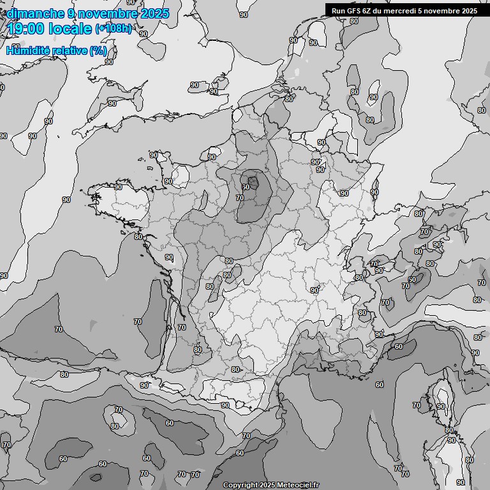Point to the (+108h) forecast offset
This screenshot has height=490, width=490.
113,29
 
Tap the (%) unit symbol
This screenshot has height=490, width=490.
98,50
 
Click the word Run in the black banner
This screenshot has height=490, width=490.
338,11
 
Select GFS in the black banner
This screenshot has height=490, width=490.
354,11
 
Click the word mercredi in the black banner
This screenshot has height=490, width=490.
402,11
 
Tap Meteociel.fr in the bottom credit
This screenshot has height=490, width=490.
298,486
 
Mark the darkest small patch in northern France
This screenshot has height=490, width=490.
253,183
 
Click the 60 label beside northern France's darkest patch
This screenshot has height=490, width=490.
246,186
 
